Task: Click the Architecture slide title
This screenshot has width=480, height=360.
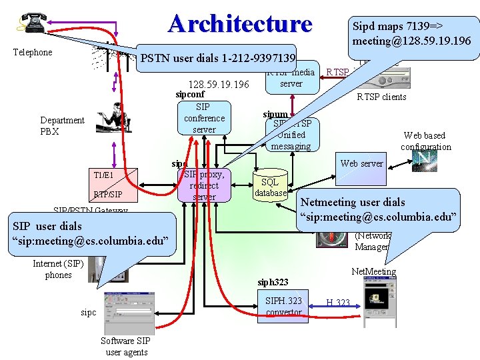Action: (240, 23)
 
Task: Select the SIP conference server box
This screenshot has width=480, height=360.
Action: (203, 118)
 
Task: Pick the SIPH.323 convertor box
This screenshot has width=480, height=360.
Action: (283, 307)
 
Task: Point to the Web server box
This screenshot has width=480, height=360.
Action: (361, 163)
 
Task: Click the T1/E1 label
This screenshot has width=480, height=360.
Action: (103, 175)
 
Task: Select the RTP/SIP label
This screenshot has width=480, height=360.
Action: (107, 195)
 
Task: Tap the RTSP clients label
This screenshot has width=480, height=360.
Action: (381, 97)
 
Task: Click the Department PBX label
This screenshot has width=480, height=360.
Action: (62, 125)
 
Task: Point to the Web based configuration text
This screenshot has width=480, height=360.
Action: (425, 141)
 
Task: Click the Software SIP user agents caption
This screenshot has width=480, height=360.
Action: (125, 347)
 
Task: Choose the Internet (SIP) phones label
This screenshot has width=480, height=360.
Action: (58, 269)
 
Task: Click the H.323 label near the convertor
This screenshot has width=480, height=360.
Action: (338, 303)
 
